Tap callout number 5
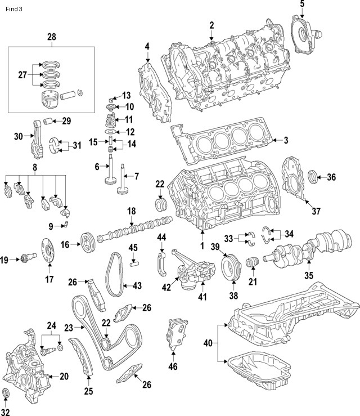(302, 5)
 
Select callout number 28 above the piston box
(52, 37)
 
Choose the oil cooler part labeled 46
(174, 336)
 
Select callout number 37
(316, 211)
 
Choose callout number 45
(133, 247)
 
